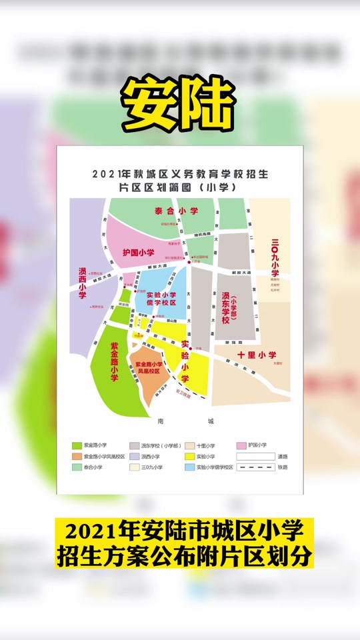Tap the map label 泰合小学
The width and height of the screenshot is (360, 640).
click(x=177, y=211)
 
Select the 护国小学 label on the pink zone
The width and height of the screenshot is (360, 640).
click(x=139, y=253)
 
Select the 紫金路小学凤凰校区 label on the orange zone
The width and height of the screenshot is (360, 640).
click(x=152, y=367)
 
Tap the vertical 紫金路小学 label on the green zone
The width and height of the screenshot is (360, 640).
click(x=114, y=362)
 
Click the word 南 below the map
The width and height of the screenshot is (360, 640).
click(x=161, y=421)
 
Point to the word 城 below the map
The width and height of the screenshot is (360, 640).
click(x=211, y=421)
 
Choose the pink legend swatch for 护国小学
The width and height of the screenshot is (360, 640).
click(x=246, y=445)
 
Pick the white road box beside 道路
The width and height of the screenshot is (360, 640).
click(x=255, y=456)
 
